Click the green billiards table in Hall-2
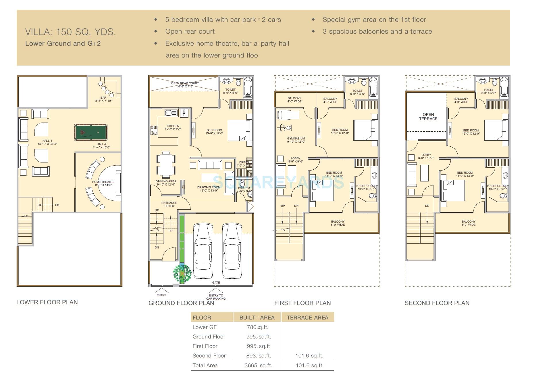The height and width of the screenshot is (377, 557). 91,132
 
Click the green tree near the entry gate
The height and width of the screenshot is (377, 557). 182,273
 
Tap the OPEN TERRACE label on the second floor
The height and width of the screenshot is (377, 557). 428,116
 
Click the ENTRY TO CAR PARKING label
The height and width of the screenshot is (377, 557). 216,297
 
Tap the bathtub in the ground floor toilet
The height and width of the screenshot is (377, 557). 248,87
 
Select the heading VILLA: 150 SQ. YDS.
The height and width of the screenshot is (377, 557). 71,32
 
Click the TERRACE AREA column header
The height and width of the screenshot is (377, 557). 307,317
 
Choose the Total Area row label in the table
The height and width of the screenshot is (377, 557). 205,365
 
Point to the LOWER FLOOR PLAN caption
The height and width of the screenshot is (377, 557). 47,302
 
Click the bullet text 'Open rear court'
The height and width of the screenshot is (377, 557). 190,32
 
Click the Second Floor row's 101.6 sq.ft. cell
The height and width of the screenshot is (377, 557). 309,356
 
